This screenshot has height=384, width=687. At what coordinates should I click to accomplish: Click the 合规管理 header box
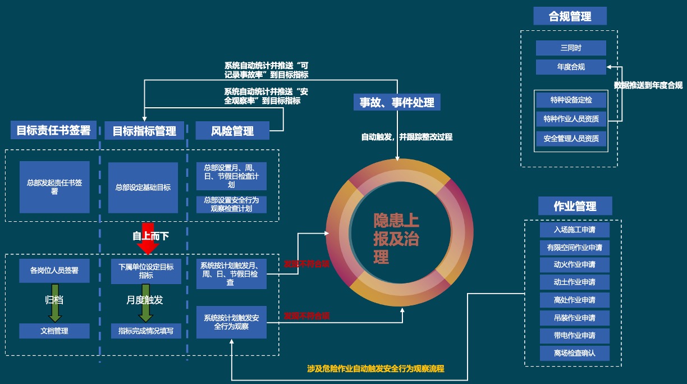(x=570, y=17)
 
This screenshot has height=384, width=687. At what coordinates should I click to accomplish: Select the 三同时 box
(x=571, y=48)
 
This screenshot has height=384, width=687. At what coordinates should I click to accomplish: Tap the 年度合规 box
(x=571, y=67)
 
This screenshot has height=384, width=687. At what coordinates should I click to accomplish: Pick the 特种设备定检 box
(x=571, y=100)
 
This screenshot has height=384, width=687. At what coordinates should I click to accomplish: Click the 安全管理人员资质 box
(x=571, y=138)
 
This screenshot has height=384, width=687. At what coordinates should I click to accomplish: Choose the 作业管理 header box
(x=575, y=206)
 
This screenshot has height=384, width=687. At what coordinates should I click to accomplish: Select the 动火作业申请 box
(x=574, y=264)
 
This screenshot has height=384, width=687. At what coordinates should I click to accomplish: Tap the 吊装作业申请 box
(x=574, y=318)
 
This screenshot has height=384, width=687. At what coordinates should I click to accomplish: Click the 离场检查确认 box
(x=574, y=353)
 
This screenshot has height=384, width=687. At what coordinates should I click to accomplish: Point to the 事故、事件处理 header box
(x=397, y=102)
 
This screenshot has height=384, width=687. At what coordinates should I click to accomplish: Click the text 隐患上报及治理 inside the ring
(x=396, y=239)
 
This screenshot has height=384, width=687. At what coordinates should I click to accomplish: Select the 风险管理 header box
(x=232, y=131)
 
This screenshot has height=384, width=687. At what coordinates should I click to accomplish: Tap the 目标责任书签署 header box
(x=53, y=130)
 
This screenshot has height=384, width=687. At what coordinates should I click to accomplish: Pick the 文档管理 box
(x=54, y=331)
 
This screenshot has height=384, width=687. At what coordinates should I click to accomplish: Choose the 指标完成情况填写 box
(x=146, y=331)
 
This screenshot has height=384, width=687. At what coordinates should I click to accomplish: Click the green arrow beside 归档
(x=54, y=308)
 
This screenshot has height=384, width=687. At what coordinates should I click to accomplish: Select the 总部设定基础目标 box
(x=143, y=188)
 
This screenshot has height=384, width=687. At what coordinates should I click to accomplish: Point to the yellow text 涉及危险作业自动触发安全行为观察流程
(x=375, y=369)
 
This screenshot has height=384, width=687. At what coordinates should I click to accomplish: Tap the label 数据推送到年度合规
(x=648, y=85)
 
